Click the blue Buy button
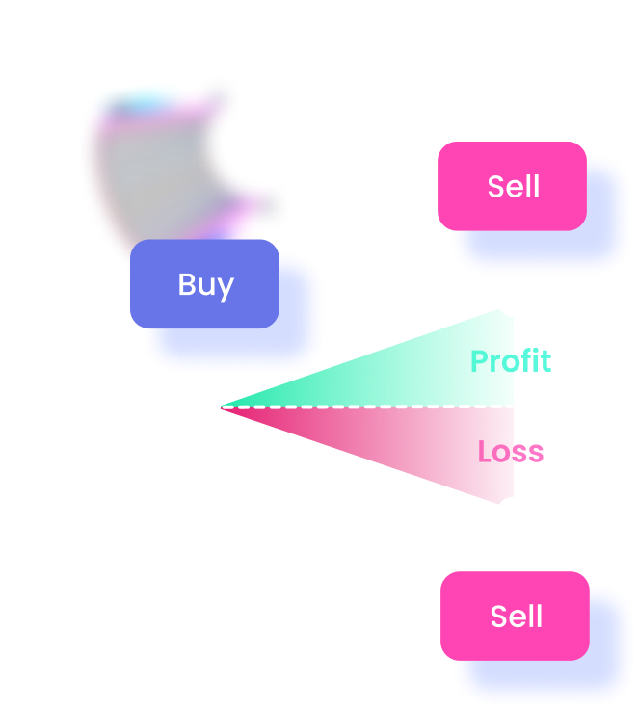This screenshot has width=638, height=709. coord(204,283)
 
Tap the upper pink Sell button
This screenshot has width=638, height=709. coord(512,186)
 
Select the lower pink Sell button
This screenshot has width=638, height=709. coord(515,616)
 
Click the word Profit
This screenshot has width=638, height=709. coord(510,361)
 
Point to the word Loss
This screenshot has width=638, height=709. coord(510,451)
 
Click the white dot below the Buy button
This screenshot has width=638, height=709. coord(204,407)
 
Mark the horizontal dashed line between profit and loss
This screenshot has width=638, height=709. coord(366,407)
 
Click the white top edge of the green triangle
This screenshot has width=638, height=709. coord(357,354)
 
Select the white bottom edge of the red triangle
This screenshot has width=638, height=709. coord(357,459)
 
